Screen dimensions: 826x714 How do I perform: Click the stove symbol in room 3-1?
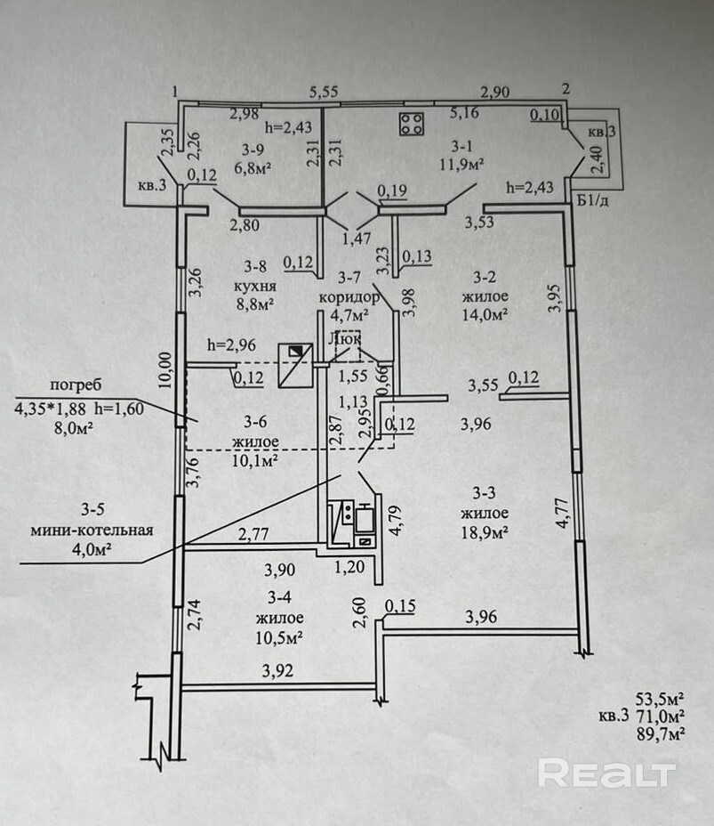[x=411, y=125]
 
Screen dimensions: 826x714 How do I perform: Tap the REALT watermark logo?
[x=606, y=773]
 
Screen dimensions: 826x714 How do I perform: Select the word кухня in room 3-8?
[x=256, y=287]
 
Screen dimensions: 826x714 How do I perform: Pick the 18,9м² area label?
[x=485, y=532]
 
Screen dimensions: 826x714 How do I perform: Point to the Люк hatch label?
[x=346, y=338]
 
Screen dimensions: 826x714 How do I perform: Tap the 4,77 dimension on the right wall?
[x=562, y=516]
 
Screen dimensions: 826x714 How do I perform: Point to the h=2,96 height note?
[x=231, y=344]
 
